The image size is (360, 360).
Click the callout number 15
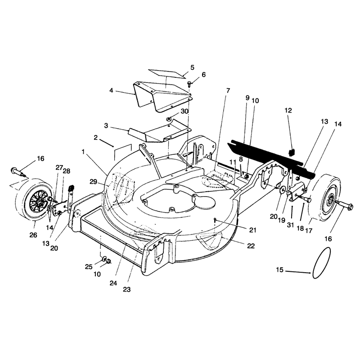(279, 270)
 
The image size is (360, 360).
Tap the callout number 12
(288, 110)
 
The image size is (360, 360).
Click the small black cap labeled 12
(291, 153)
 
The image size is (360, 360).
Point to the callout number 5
(192, 67)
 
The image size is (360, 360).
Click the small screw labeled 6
(189, 84)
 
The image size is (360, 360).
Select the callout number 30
(184, 111)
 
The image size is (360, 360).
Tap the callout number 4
(111, 90)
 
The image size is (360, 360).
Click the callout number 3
(106, 126)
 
